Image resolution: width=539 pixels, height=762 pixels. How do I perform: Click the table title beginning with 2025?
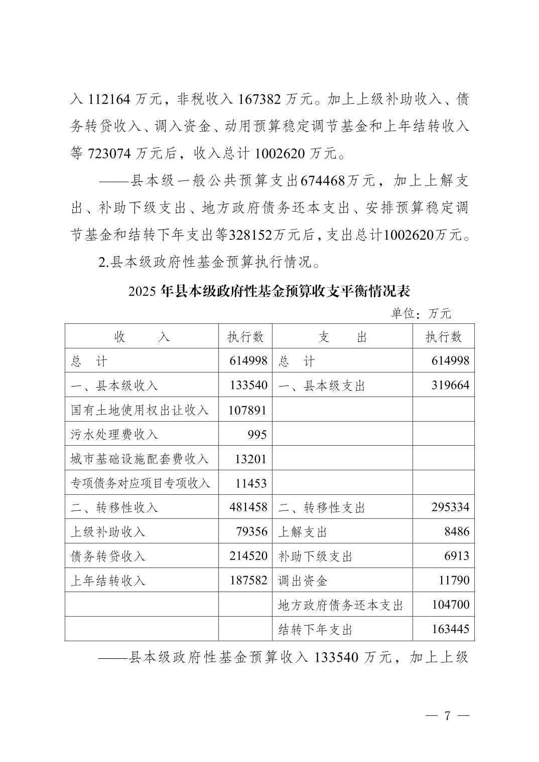point(270,291)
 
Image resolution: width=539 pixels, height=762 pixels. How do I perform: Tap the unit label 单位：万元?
point(421,314)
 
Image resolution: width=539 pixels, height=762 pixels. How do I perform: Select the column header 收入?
point(142,337)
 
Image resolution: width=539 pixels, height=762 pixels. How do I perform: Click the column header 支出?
point(342,337)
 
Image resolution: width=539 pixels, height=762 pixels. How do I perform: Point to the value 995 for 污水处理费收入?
point(257,435)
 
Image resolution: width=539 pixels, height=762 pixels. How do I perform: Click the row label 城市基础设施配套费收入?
point(140,459)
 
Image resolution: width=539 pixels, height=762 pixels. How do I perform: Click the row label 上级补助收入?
point(108,532)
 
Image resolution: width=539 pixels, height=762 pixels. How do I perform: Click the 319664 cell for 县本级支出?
point(450,386)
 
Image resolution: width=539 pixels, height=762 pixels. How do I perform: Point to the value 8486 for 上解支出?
point(457,531)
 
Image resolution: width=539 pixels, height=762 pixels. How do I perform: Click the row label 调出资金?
point(303,581)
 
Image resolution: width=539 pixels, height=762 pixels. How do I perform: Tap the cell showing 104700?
point(450,605)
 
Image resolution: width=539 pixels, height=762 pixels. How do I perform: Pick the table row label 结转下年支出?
point(315,630)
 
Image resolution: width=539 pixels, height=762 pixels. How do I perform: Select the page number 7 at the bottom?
point(446,716)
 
